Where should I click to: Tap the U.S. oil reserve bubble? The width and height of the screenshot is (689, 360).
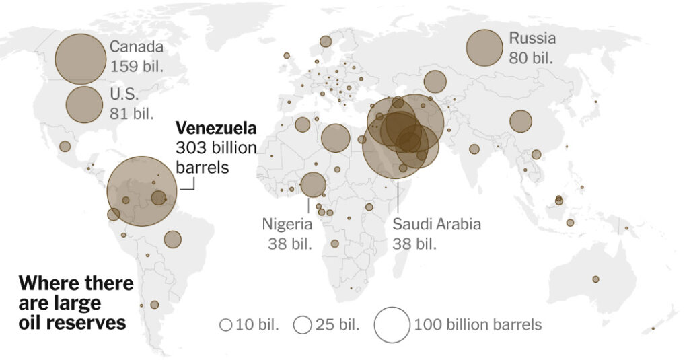[84, 104]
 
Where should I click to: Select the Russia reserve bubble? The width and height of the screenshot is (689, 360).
[484, 48]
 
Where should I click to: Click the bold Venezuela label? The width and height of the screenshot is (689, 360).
[215, 128]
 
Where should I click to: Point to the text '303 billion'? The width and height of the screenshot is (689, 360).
[216, 147]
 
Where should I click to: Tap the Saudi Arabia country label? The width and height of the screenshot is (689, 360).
[437, 224]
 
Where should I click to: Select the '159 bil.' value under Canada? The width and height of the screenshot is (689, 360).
[137, 67]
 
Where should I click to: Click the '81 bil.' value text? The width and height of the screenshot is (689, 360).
[132, 112]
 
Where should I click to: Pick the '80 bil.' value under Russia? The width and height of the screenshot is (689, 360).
[531, 57]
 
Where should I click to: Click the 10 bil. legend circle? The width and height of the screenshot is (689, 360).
[225, 325]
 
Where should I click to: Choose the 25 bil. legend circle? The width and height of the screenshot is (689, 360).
[303, 325]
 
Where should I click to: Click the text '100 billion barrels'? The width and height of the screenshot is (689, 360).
[478, 325]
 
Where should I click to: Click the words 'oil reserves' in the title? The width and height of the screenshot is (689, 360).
[72, 322]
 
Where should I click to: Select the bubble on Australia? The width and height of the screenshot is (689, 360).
[595, 279]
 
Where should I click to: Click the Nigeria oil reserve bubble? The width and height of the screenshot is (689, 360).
[313, 184]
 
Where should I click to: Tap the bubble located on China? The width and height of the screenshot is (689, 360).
[520, 121]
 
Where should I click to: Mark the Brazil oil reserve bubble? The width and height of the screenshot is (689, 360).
[172, 239]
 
